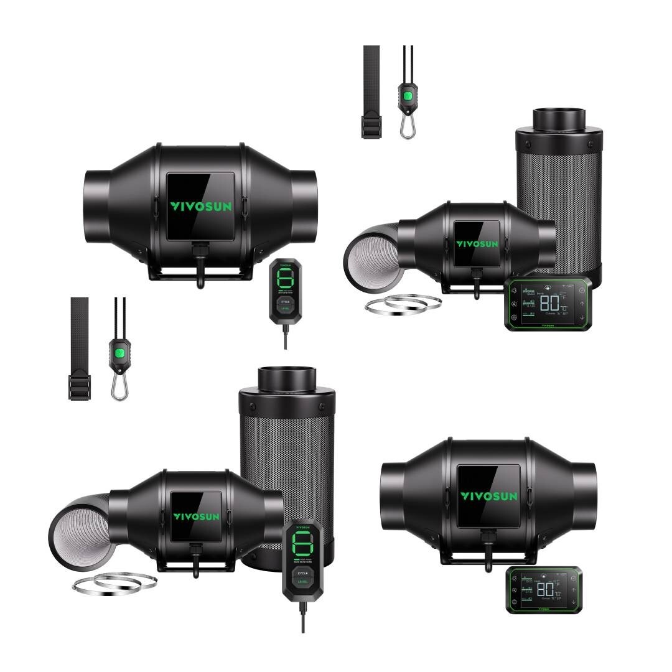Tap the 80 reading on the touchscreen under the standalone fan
click(546, 589)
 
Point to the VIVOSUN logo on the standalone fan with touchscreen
click(488, 496)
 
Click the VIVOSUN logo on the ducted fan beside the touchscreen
click(477, 244)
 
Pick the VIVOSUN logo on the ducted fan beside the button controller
click(197, 516)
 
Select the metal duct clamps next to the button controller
click(114, 584)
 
